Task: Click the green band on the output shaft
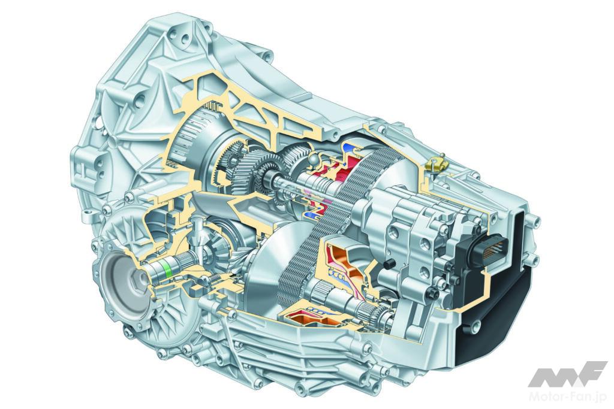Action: click(x=169, y=269)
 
